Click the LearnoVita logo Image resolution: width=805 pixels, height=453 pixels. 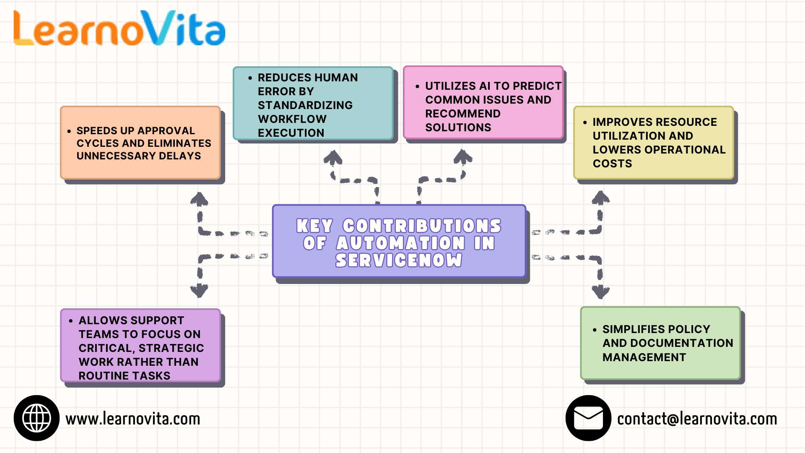pyautogui.click(x=119, y=29)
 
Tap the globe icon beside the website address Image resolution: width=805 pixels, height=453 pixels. pyautogui.click(x=36, y=418)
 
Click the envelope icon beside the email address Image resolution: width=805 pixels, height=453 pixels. pyautogui.click(x=588, y=418)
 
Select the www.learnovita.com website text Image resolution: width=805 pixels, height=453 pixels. pyautogui.click(x=132, y=419)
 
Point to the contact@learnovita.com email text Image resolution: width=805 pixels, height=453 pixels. pyautogui.click(x=697, y=419)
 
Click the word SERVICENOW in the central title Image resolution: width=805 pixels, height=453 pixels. pyautogui.click(x=398, y=260)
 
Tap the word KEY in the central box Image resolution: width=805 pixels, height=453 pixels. pyautogui.click(x=314, y=226)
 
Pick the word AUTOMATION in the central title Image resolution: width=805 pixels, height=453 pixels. pyautogui.click(x=400, y=243)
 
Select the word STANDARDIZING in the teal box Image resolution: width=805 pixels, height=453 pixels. pyautogui.click(x=305, y=105)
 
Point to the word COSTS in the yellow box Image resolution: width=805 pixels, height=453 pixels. pyautogui.click(x=612, y=164)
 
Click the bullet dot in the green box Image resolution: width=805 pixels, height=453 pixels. pyautogui.click(x=595, y=330)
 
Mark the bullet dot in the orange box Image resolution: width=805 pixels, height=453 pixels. pyautogui.click(x=69, y=131)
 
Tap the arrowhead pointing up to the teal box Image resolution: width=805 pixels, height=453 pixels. pyautogui.click(x=333, y=158)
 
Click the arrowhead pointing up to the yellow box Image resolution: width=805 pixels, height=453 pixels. pyautogui.click(x=600, y=198)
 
